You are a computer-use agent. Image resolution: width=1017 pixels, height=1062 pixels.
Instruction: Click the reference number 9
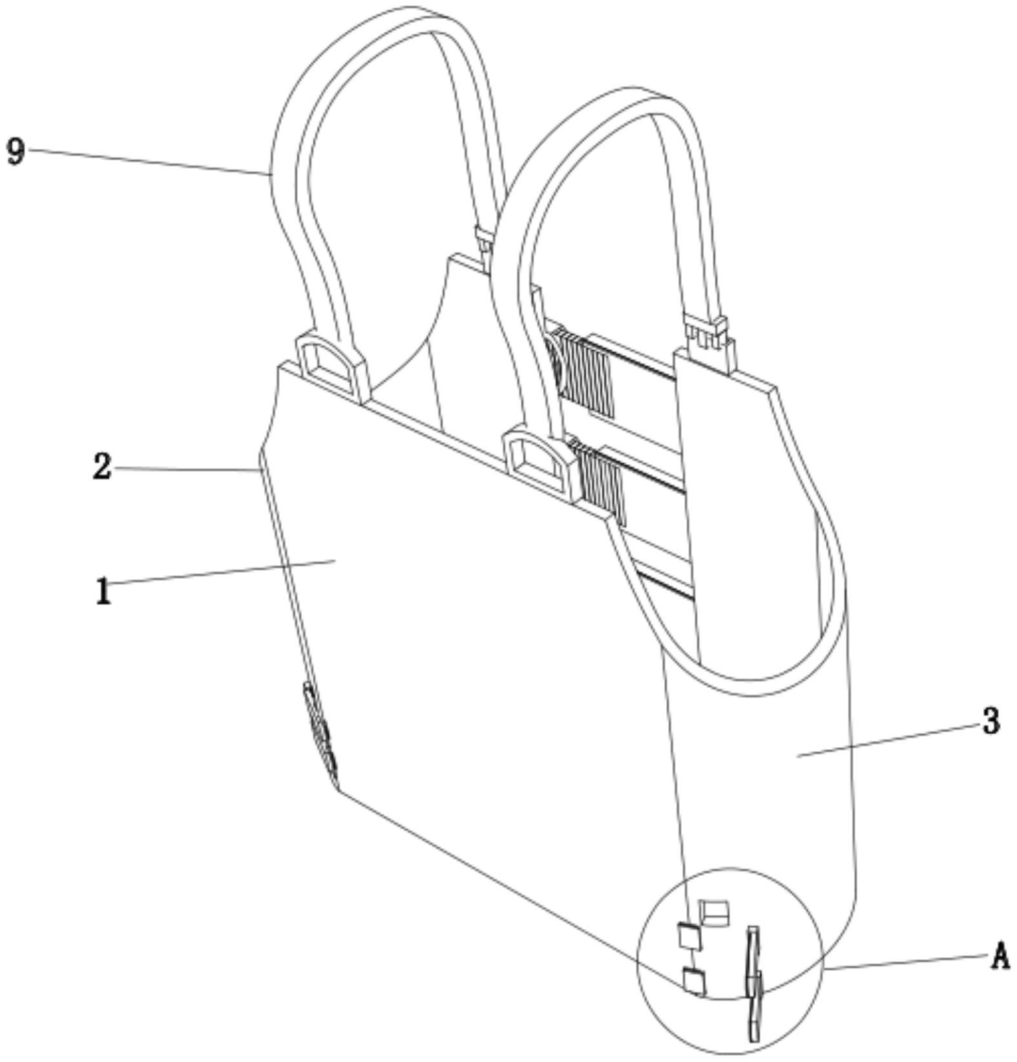(x=16, y=153)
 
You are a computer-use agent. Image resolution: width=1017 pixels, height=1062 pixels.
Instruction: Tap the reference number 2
(x=102, y=467)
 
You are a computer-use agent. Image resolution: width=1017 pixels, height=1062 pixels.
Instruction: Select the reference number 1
(x=103, y=590)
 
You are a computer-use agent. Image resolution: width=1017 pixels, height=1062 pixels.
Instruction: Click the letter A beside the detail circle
(x=1000, y=956)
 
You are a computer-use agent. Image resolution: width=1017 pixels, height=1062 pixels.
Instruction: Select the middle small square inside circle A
(x=688, y=937)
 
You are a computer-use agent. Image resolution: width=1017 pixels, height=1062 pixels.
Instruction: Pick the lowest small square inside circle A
(x=695, y=981)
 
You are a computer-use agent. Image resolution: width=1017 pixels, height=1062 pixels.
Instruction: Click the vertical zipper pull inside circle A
(x=754, y=984)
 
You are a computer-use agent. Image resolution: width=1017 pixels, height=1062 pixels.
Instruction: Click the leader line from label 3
(x=888, y=739)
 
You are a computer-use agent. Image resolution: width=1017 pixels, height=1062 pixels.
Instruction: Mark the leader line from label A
(x=907, y=962)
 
